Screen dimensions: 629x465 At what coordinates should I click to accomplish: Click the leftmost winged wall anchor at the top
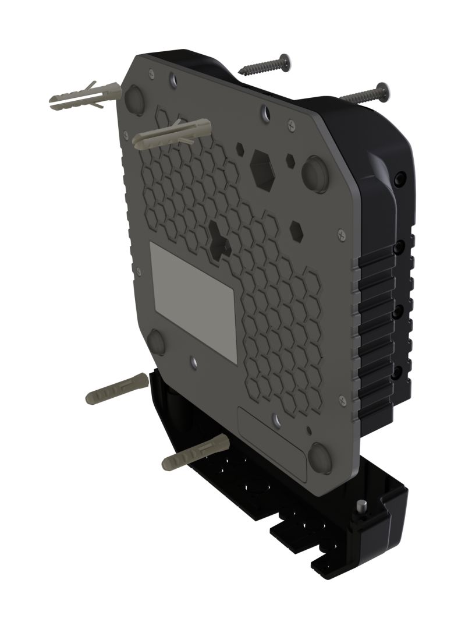[81, 97]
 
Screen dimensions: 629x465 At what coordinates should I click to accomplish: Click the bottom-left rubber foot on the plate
[157, 342]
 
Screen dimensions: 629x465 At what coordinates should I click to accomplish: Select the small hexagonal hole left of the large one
[240, 149]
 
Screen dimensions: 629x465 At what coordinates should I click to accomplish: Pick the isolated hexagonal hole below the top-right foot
[296, 231]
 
